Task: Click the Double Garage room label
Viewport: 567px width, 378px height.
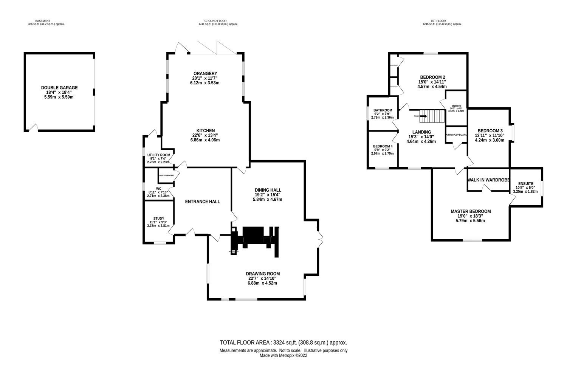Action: (x=59, y=88)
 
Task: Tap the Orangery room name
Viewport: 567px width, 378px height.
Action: (x=205, y=73)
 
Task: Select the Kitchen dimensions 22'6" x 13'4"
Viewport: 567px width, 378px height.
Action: (x=205, y=135)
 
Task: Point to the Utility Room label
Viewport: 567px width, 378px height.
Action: (x=158, y=155)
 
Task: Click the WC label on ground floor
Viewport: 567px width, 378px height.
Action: (x=158, y=188)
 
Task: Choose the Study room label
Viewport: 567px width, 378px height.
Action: (x=159, y=218)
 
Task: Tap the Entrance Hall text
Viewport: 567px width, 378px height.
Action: (x=202, y=201)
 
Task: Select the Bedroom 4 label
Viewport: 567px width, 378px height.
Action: (x=383, y=146)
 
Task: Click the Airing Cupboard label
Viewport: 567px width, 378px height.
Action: (x=457, y=135)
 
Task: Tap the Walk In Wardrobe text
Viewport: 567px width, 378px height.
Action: (x=488, y=180)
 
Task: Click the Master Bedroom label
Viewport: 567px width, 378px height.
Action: (x=471, y=211)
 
